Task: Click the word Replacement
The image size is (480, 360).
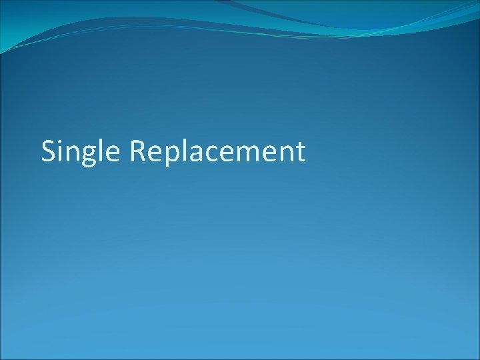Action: point(217,152)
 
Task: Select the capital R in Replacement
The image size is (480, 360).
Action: point(138,151)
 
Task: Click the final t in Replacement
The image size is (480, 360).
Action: point(301,153)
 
